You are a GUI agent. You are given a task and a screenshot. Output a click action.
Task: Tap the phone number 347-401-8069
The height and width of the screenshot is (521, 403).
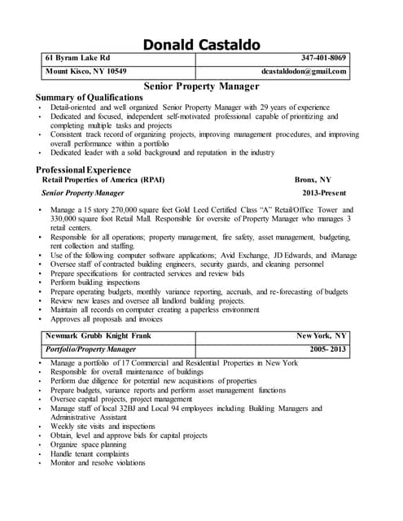coord(323,58)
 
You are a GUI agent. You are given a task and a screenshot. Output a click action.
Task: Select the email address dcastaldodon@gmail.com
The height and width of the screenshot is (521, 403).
coord(304,71)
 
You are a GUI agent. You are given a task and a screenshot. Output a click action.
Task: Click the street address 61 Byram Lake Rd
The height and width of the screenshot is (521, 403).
coord(78,58)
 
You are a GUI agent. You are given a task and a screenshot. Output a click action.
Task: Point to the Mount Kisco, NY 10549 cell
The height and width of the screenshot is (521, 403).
coord(85,71)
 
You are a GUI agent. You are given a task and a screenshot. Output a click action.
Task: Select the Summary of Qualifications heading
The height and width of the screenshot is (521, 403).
coord(90,97)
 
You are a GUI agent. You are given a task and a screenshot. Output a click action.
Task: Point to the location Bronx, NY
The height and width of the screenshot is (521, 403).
coord(313,179)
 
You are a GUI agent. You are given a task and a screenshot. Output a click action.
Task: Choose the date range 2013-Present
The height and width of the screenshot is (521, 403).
coord(324,193)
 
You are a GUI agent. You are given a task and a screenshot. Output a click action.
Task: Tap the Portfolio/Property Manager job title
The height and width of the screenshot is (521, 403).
coord(90,348)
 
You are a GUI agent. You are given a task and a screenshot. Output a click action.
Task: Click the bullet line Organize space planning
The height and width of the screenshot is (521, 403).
coord(88,444)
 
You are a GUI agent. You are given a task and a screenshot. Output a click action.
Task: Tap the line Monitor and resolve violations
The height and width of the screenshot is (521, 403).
coord(98,462)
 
